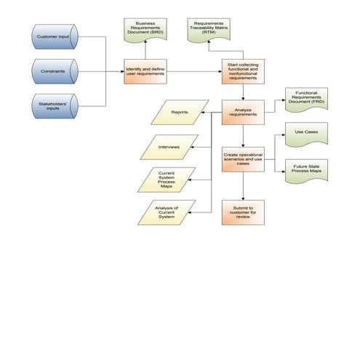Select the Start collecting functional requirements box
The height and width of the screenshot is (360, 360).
tap(243, 71)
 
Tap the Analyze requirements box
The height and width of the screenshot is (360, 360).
tap(243, 112)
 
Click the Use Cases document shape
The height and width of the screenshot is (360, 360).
tap(304, 133)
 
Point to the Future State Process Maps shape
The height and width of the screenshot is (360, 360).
tap(304, 171)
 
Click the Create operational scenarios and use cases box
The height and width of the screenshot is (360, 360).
tap(243, 159)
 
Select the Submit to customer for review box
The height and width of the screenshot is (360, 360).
tap(243, 212)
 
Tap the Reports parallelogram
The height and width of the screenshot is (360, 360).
tap(178, 113)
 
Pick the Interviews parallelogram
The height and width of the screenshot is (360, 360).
tap(169, 147)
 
